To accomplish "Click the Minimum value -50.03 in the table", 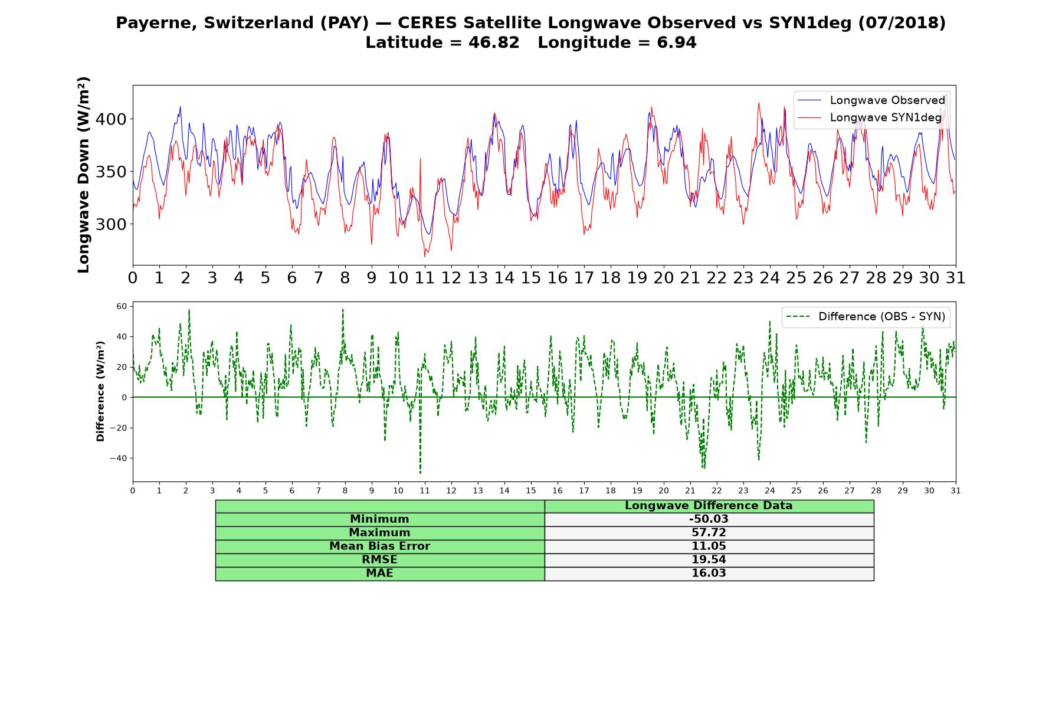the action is [709, 519].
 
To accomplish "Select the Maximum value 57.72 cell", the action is [709, 533].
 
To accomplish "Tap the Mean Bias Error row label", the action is [379, 546].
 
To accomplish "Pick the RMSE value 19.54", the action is [709, 560].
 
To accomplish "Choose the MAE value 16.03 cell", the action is [709, 573].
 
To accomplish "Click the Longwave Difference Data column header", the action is [709, 506].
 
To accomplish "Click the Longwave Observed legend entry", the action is [871, 100].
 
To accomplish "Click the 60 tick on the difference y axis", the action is [122, 306].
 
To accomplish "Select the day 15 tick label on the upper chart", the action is [530, 278].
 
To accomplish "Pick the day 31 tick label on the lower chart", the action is [955, 491].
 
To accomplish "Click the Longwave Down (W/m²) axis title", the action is [84, 175].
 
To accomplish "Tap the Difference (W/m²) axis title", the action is [100, 391].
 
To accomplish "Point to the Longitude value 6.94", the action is [677, 42].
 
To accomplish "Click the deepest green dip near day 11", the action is [420, 473].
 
